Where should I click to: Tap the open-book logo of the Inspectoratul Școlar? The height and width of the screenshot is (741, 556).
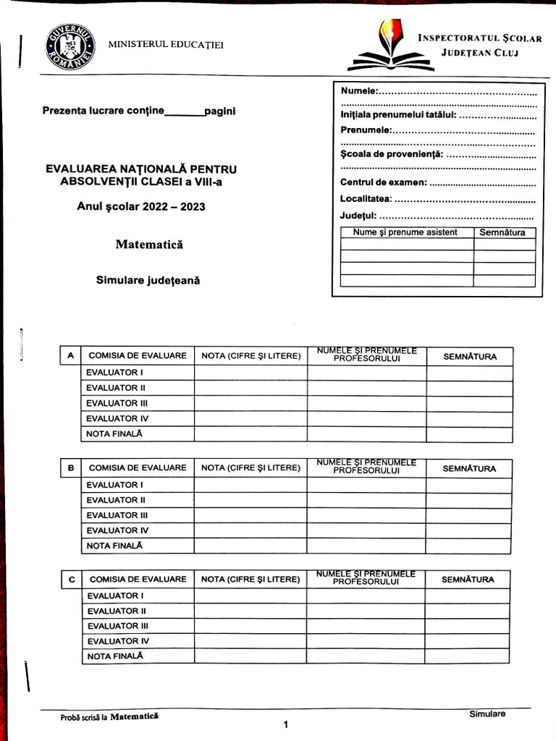[389, 47]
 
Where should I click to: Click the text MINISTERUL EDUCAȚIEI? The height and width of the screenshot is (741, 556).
[166, 45]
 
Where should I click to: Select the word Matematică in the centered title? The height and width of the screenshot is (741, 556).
[149, 245]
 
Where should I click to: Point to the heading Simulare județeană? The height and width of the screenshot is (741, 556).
[148, 280]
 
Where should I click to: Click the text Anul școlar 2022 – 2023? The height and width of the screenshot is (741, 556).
[141, 207]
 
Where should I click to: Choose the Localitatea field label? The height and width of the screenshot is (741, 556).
[366, 198]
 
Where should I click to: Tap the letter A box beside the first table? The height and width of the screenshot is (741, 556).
[70, 356]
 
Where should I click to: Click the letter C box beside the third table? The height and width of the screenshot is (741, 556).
[71, 580]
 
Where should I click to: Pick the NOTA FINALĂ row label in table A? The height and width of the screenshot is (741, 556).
[114, 433]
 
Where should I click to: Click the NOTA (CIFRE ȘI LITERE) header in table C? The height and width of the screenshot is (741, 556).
[250, 580]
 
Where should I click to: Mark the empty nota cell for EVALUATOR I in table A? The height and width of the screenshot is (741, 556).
[250, 373]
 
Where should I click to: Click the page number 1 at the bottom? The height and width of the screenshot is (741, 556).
[286, 724]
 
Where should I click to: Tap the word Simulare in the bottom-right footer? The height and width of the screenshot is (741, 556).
[486, 714]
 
